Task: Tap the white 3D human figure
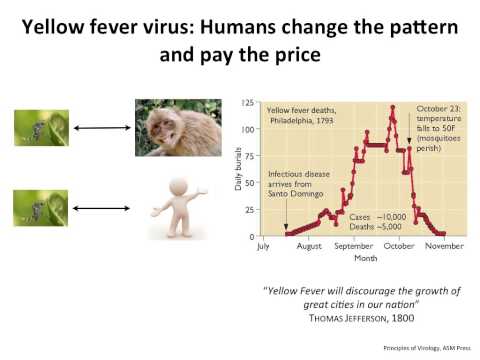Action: click(177, 207)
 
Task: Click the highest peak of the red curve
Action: click(393, 107)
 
